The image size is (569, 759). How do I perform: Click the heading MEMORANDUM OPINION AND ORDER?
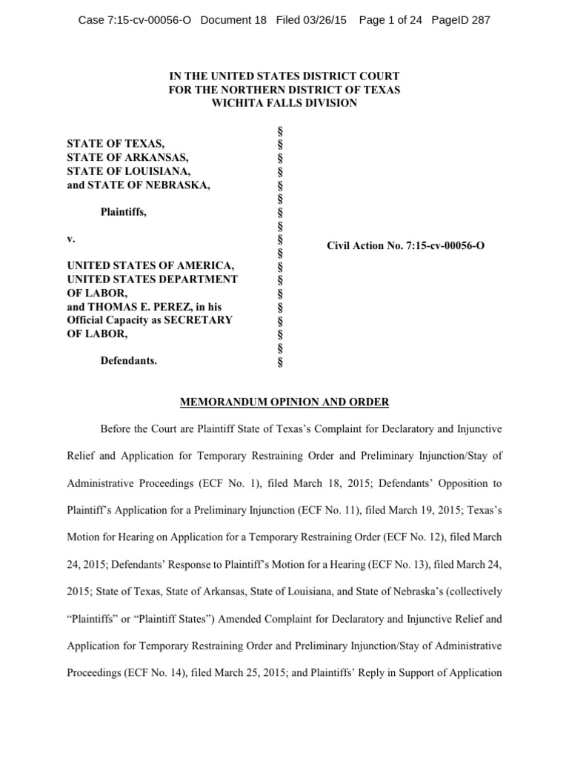click(284, 402)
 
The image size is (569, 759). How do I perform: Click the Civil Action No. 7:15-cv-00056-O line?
click(406, 245)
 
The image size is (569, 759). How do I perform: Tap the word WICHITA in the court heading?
click(236, 103)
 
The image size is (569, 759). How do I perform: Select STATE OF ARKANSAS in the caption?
click(127, 157)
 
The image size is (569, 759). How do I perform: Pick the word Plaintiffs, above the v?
click(124, 212)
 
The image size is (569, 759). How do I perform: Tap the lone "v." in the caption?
click(71, 239)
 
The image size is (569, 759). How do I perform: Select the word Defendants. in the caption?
click(128, 361)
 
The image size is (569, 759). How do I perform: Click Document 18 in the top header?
click(233, 20)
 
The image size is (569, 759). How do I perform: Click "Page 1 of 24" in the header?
click(390, 20)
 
